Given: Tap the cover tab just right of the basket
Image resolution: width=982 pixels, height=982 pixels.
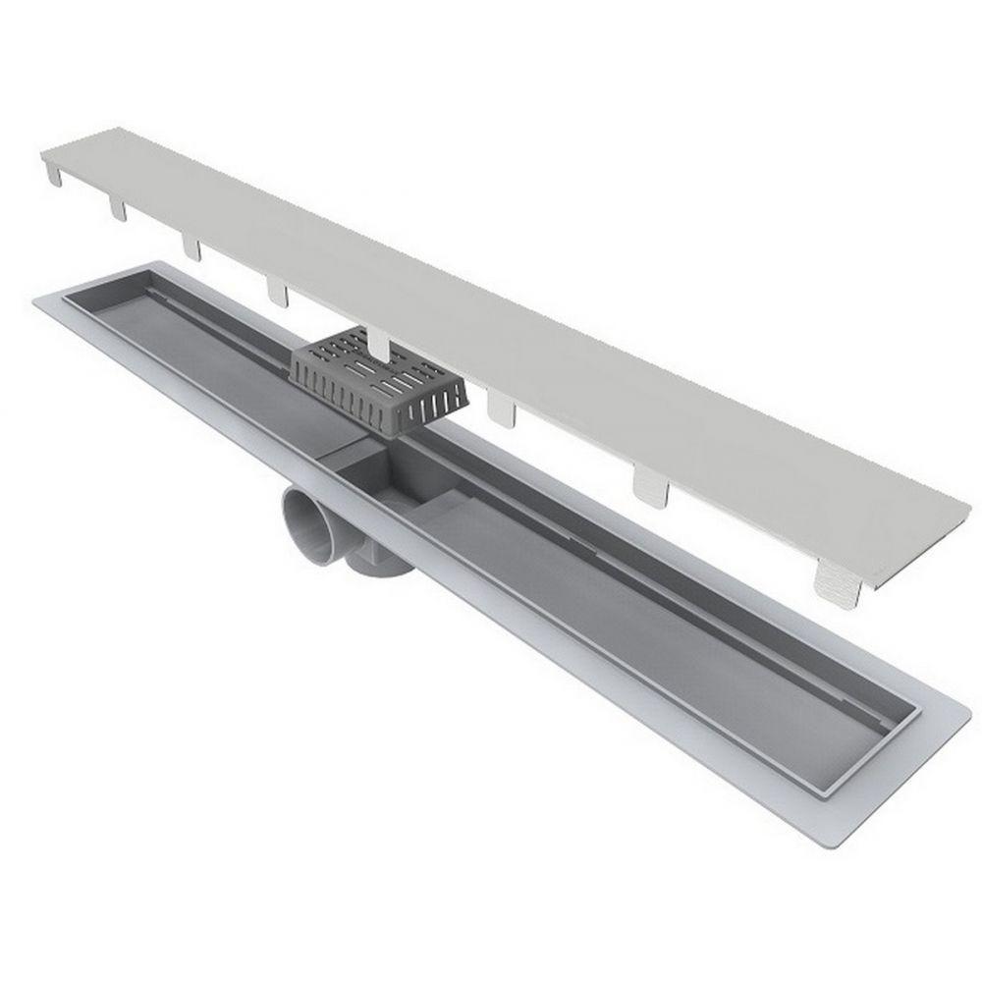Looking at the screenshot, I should (504, 408).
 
